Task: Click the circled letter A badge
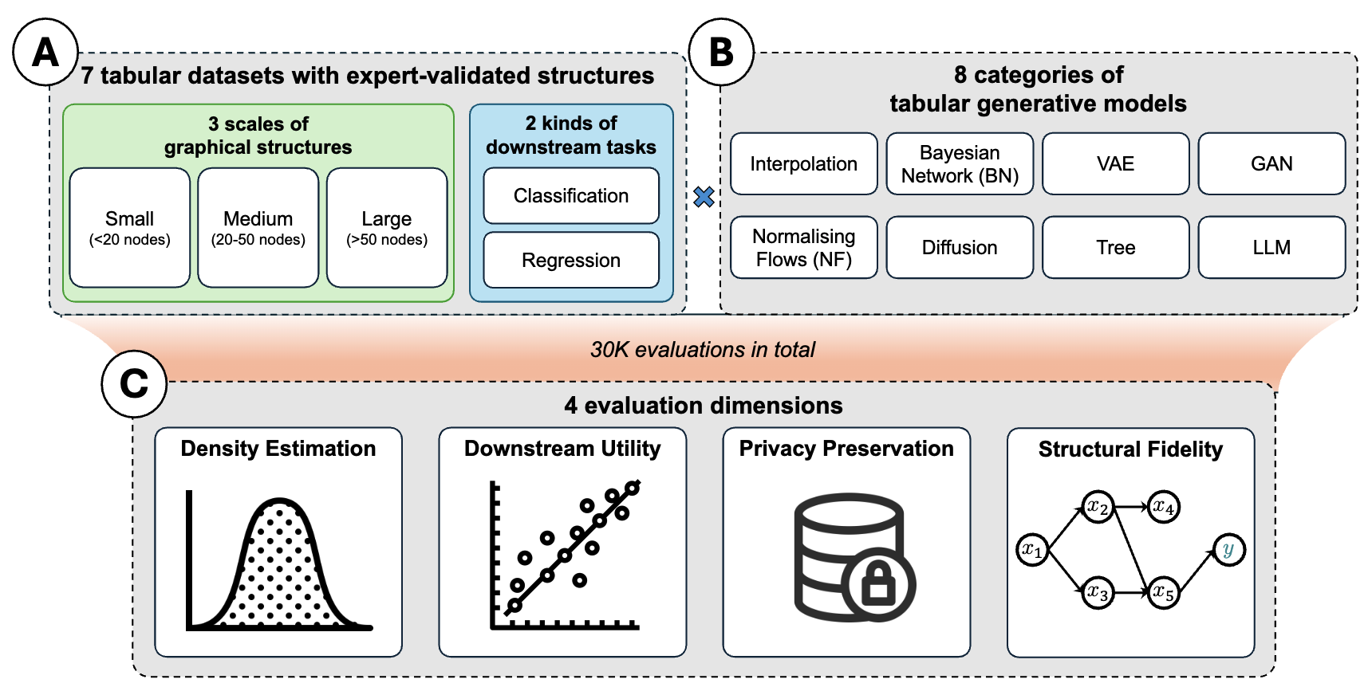point(45,53)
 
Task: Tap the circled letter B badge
point(721,53)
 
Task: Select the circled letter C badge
point(134,384)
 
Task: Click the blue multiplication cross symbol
point(704,197)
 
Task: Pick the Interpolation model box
point(803,164)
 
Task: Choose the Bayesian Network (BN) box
point(960,164)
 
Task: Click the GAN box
point(1271,164)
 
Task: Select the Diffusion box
point(960,248)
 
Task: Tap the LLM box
point(1271,248)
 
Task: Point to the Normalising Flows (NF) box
point(803,248)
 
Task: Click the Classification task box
point(571,196)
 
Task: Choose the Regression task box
point(571,261)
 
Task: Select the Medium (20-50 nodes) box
point(258,228)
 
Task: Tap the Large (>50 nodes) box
point(387,228)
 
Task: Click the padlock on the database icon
point(879,584)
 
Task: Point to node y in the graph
point(1228,550)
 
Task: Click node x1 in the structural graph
point(1032,550)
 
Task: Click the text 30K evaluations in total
point(703,350)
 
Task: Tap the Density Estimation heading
point(278,449)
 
